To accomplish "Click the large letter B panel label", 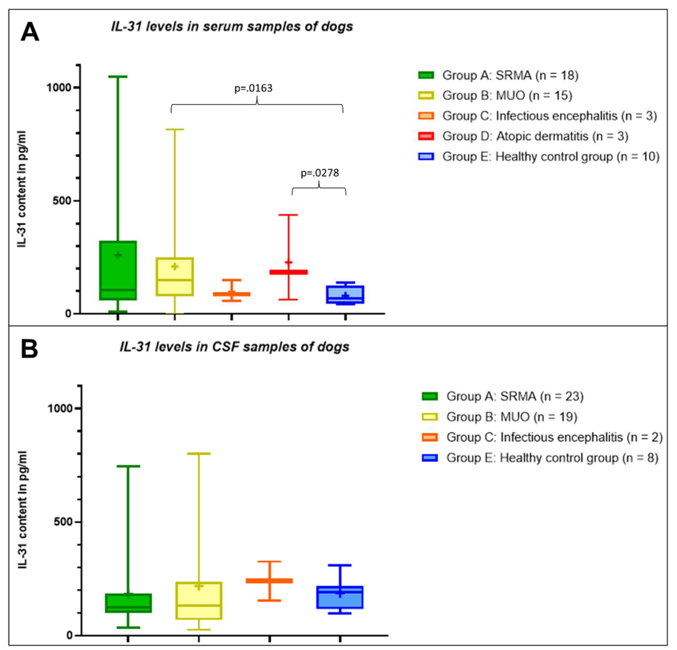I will click(x=29, y=349).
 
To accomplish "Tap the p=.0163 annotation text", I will click(x=253, y=88).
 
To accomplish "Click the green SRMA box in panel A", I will click(x=118, y=270).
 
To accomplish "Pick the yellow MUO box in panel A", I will click(x=175, y=276).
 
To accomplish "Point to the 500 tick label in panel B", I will click(x=63, y=521).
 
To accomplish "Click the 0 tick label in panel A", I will click(x=68, y=314).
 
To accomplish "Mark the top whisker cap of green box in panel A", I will click(x=118, y=77).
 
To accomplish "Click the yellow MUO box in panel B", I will click(x=199, y=601).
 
